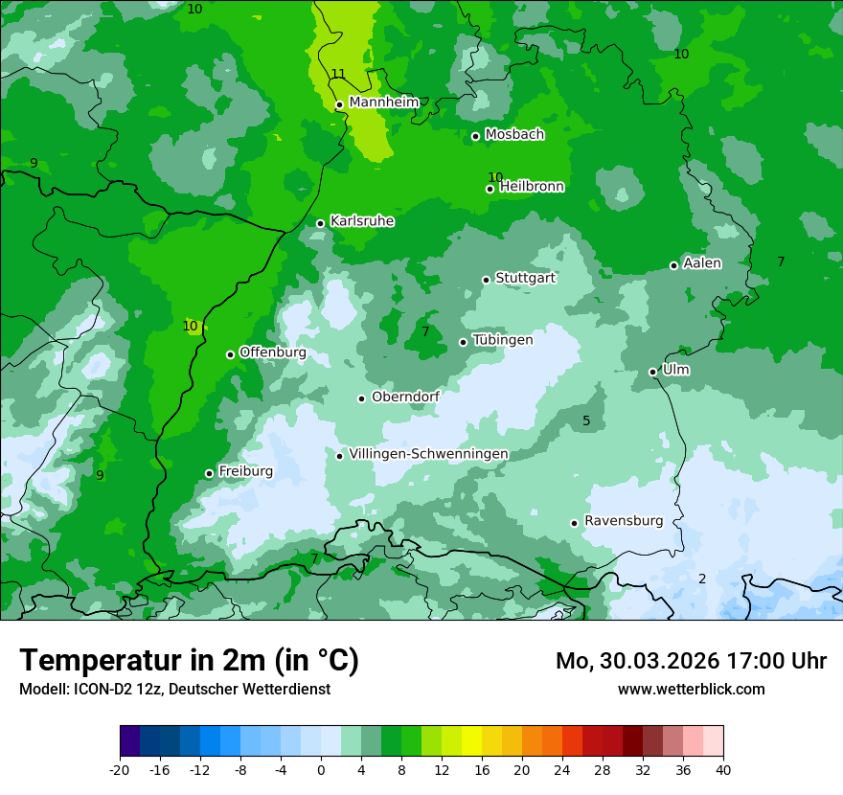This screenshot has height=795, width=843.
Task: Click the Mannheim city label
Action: point(383,102)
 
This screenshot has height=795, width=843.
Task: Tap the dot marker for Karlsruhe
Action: point(321,223)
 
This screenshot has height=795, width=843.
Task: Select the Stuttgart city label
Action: point(525,278)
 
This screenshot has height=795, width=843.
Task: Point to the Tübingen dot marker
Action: point(464,342)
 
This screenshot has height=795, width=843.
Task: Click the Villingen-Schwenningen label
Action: point(428,453)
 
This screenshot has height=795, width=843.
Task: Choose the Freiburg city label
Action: point(245,471)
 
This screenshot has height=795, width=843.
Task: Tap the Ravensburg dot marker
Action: point(575,523)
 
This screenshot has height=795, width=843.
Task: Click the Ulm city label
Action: point(675,370)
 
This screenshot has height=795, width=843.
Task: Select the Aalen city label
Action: point(702,263)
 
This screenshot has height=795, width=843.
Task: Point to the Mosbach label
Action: point(514,134)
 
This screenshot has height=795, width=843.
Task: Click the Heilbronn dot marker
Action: point(490,189)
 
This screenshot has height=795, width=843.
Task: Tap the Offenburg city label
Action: point(273,352)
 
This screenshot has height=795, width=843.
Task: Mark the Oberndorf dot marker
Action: point(362,398)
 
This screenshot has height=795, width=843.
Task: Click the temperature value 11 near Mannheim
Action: point(338,74)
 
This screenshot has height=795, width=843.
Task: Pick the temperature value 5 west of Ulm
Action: point(586,420)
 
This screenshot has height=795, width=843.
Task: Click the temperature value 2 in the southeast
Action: point(702,579)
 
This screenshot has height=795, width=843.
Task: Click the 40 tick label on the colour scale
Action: point(723,769)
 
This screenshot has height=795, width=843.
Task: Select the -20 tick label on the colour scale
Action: point(120,769)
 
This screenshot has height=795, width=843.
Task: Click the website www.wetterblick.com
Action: point(691,689)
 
